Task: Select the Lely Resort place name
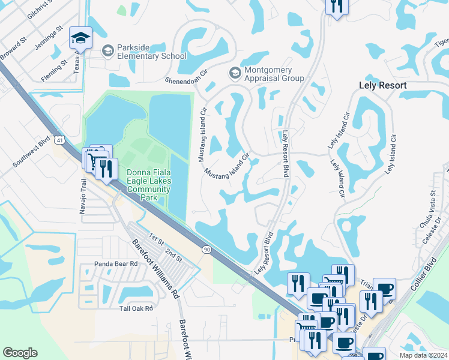tap(382, 86)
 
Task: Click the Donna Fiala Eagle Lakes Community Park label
tap(148, 184)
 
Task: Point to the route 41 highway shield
tap(59, 140)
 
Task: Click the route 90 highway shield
tap(206, 249)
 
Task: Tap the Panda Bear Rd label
tap(116, 263)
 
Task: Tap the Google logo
tap(20, 353)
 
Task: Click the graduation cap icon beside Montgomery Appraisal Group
tap(235, 73)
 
